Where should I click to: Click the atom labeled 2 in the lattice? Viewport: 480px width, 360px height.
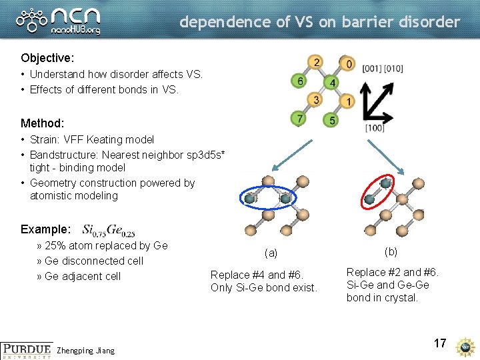click(315, 63)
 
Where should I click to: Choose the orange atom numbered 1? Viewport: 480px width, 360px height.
click(348, 101)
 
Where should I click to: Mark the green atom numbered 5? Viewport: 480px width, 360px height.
click(331, 120)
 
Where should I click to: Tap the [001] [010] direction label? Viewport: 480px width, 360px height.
click(383, 69)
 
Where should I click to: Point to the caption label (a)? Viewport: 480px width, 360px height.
click(271, 253)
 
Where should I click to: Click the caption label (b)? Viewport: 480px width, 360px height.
click(391, 251)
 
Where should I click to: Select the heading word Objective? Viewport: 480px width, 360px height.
click(47, 59)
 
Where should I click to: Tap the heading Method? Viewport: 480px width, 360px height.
click(43, 123)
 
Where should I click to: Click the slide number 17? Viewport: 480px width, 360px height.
click(439, 343)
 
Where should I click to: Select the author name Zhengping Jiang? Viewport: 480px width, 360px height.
click(86, 351)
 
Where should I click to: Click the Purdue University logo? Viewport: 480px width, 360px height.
click(25, 350)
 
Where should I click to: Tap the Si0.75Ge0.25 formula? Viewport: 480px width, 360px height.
click(109, 229)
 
